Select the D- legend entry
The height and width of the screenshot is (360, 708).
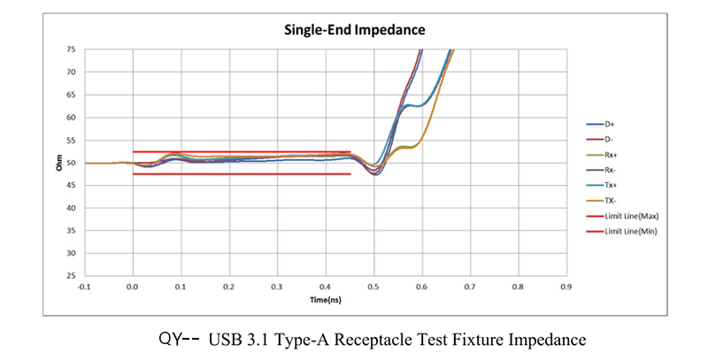click(608, 139)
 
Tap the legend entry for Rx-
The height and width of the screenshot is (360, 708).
click(609, 170)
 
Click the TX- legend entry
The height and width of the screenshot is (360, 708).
click(609, 200)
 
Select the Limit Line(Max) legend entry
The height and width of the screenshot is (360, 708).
click(631, 216)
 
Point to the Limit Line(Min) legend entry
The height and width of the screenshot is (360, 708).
click(630, 231)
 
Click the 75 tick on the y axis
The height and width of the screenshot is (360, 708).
click(71, 50)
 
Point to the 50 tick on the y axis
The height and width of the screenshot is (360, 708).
click(71, 163)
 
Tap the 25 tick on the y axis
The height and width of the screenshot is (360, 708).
click(71, 276)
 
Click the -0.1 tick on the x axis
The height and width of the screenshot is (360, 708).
click(84, 287)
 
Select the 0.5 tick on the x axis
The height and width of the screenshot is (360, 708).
click(373, 287)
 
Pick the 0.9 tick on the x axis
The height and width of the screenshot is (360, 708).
click(566, 287)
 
